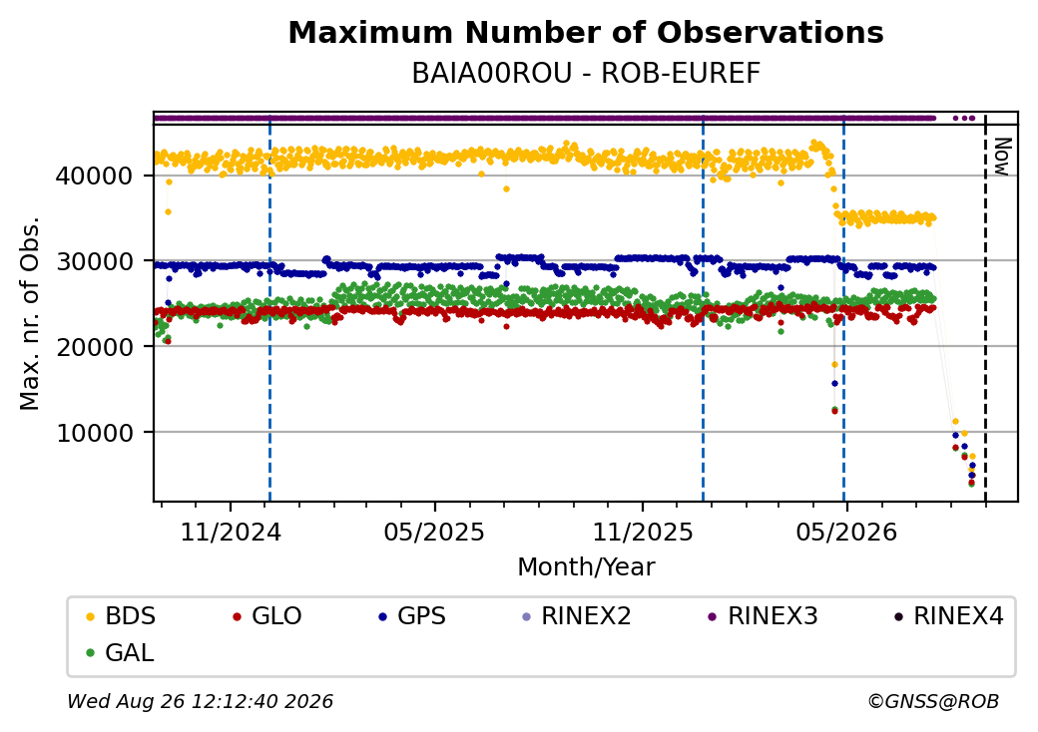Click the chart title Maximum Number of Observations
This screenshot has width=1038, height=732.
[586, 32]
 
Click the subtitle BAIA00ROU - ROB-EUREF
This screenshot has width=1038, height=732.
[586, 74]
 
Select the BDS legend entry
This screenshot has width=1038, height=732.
[121, 616]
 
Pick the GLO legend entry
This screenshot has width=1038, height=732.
[267, 616]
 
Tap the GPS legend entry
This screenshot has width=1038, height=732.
[412, 616]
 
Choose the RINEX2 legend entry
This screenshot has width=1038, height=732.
[577, 616]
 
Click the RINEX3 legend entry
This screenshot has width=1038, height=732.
[764, 616]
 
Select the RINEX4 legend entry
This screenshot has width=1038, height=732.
[948, 616]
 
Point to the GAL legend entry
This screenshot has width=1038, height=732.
[121, 652]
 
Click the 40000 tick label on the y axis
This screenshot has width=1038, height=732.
[95, 176]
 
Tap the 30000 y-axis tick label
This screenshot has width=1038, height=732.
[95, 261]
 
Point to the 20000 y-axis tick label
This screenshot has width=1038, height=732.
[95, 346]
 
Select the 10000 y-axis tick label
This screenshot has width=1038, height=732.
[95, 433]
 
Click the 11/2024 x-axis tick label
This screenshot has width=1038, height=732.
[231, 532]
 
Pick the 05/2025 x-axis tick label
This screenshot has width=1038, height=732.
[434, 532]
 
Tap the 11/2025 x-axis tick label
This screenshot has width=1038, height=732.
[642, 532]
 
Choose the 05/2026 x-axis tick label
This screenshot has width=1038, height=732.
[846, 532]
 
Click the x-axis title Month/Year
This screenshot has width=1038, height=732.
[586, 567]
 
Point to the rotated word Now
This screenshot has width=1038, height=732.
[1002, 157]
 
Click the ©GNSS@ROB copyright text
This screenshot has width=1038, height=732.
[933, 701]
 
